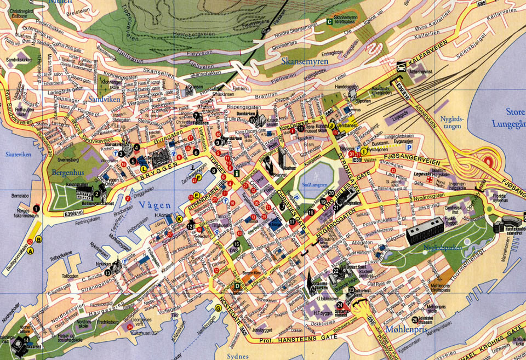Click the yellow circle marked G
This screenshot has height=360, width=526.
(x=219, y=308)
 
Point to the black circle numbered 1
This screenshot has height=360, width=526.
(x=36, y=208)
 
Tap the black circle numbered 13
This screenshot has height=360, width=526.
(x=108, y=272)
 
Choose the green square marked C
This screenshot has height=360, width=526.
(x=329, y=22)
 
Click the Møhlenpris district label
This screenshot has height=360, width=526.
(x=406, y=329)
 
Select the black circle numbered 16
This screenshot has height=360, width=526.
(x=236, y=244)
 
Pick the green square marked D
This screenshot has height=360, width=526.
(x=237, y=285)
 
